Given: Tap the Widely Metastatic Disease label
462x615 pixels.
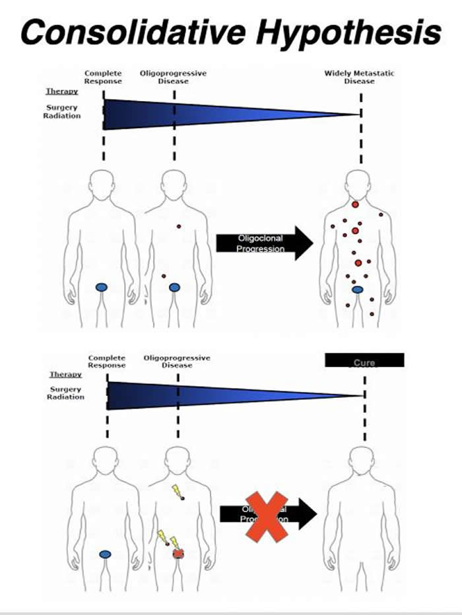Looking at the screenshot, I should coord(359,77).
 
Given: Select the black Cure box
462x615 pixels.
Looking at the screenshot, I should coord(364,360).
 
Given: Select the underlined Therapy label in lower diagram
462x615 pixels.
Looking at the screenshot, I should coord(65,374).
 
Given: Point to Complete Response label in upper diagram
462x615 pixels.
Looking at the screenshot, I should coord(104,77).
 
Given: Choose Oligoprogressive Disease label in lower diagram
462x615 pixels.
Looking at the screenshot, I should coord(177,361).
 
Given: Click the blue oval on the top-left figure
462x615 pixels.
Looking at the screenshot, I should coord(102,287).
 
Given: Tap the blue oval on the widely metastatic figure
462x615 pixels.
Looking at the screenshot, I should coord(357,289).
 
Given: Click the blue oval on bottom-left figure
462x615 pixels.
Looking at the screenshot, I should coord(105,554).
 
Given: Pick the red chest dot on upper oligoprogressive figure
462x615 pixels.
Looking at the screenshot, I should coord(178,226).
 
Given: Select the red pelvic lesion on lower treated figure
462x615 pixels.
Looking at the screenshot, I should coord(178,554).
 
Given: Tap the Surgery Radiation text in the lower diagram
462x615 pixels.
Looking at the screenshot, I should coord(66,393).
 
